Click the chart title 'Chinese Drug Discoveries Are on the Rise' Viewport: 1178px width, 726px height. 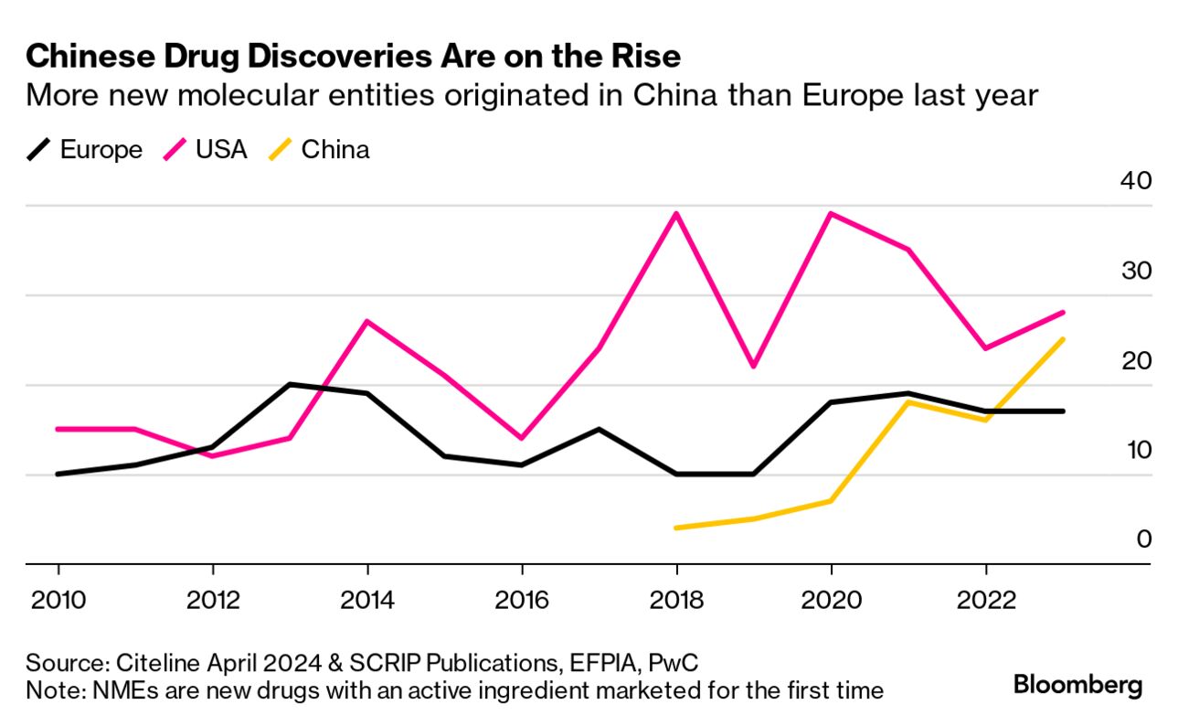pyautogui.click(x=353, y=57)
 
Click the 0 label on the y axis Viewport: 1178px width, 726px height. pyautogui.click(x=1143, y=539)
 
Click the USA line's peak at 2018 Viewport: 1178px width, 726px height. pyautogui.click(x=676, y=214)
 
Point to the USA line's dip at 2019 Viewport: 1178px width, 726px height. pyautogui.click(x=754, y=367)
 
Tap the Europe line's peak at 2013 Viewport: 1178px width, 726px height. pyautogui.click(x=290, y=384)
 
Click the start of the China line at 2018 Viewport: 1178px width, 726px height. pyautogui.click(x=676, y=528)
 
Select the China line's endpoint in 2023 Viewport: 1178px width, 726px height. pyautogui.click(x=1063, y=339)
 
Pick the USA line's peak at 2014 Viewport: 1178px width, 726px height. pyautogui.click(x=366, y=321)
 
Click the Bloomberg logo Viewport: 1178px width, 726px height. pyautogui.click(x=1078, y=685)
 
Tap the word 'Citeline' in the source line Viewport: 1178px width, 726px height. pyautogui.click(x=153, y=663)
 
